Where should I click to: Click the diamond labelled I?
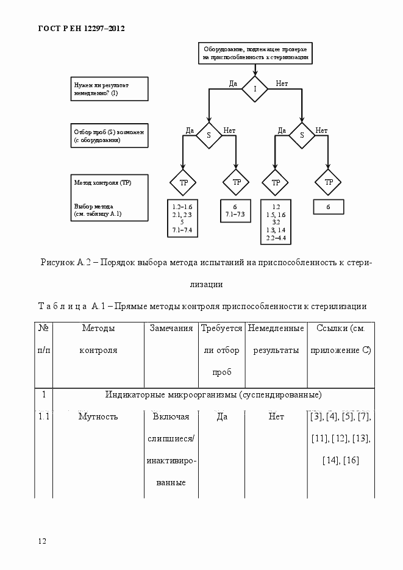point(255,89)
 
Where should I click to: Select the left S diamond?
point(209,135)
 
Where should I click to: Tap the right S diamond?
point(302,135)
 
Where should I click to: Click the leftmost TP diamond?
point(183,182)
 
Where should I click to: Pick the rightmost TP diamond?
point(328,182)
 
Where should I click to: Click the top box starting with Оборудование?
point(255,53)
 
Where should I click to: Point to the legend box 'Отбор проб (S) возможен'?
point(110,135)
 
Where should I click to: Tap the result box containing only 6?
point(328,207)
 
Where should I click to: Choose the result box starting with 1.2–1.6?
point(182,218)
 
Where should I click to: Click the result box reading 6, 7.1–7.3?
point(235,210)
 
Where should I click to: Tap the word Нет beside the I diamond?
point(282,83)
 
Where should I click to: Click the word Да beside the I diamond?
point(233,83)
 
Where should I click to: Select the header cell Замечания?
point(171,329)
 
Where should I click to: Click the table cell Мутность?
point(98,417)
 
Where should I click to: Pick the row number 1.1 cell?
point(43,417)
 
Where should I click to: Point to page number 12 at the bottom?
point(42,541)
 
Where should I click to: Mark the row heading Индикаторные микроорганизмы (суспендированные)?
point(213,395)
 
